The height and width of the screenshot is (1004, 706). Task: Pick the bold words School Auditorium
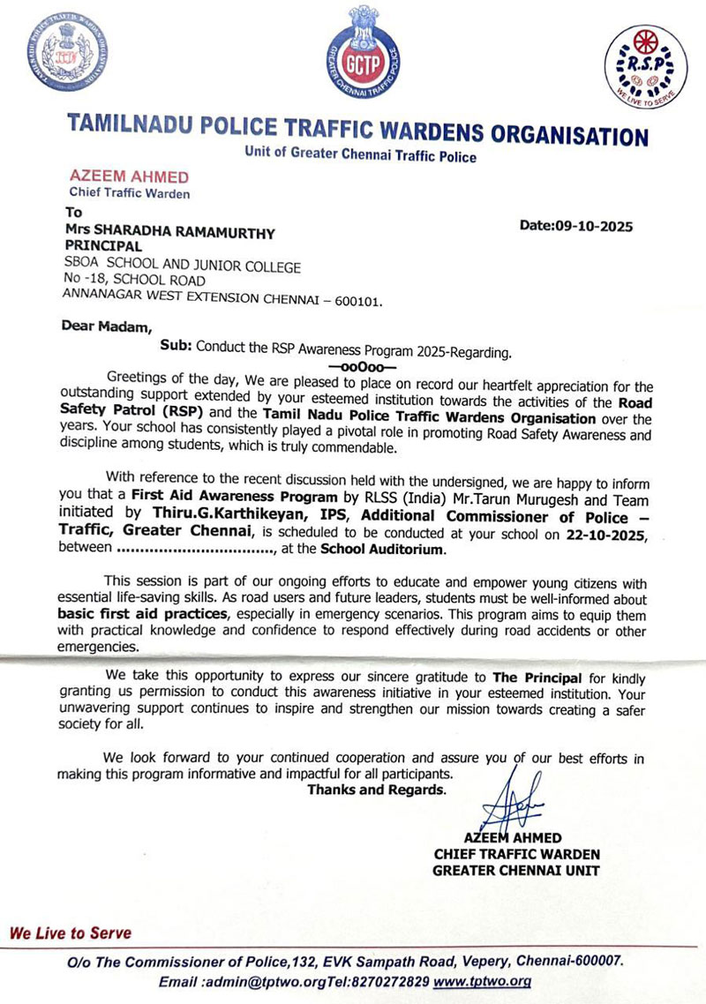coord(383,549)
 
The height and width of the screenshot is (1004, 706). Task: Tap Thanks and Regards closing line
coord(376,790)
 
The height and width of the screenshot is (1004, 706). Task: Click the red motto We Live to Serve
coord(70,933)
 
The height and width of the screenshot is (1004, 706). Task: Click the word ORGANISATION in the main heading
coord(569,135)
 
